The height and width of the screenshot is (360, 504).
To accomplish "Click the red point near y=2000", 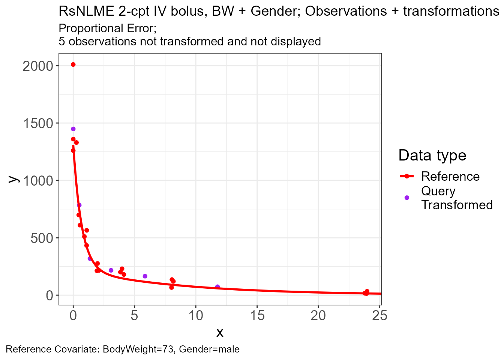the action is coord(73,64).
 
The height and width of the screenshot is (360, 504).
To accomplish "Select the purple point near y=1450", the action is coord(73,129).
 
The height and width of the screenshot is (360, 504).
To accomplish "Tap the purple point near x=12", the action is coord(217,286).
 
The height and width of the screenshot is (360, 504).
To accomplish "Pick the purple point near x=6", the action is coord(145,276).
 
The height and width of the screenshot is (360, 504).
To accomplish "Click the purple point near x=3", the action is coord(111,270).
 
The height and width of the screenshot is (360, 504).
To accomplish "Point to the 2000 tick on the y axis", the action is coord(57,66).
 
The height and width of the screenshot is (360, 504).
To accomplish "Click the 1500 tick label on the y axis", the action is coord(38,123).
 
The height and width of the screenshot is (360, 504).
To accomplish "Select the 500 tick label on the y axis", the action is coord(42,238).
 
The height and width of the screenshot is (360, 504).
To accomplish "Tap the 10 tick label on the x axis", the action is coord(196,315).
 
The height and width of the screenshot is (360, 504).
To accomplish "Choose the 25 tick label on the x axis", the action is coord(380,315).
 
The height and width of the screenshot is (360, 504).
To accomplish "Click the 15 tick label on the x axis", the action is coord(257,315).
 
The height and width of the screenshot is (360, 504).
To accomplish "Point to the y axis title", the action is coord(13,179).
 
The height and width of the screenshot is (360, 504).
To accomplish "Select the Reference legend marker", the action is coord(407,176).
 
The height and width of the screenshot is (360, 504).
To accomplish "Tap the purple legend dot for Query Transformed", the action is coord(407,198).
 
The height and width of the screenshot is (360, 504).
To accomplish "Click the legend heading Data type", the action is coord(432,156).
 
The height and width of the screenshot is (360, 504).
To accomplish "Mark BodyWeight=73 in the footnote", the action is coord(138,349).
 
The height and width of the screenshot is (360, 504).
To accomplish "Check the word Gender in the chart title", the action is coord(276,11).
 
